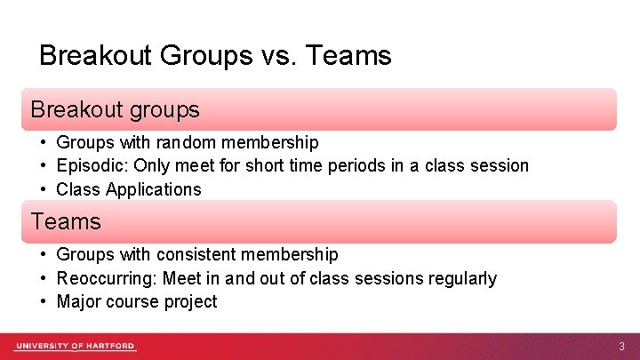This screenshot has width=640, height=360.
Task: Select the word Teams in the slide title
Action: [349, 56]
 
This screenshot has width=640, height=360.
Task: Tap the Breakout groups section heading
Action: [115, 110]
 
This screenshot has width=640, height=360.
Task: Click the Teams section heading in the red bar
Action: [66, 221]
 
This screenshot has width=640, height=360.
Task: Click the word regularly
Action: [461, 278]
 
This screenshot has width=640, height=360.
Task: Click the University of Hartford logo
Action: [75, 347]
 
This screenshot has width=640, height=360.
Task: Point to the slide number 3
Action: [621, 347]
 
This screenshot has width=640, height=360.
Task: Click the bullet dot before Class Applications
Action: [42, 189]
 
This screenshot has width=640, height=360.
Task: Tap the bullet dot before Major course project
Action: [42, 301]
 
